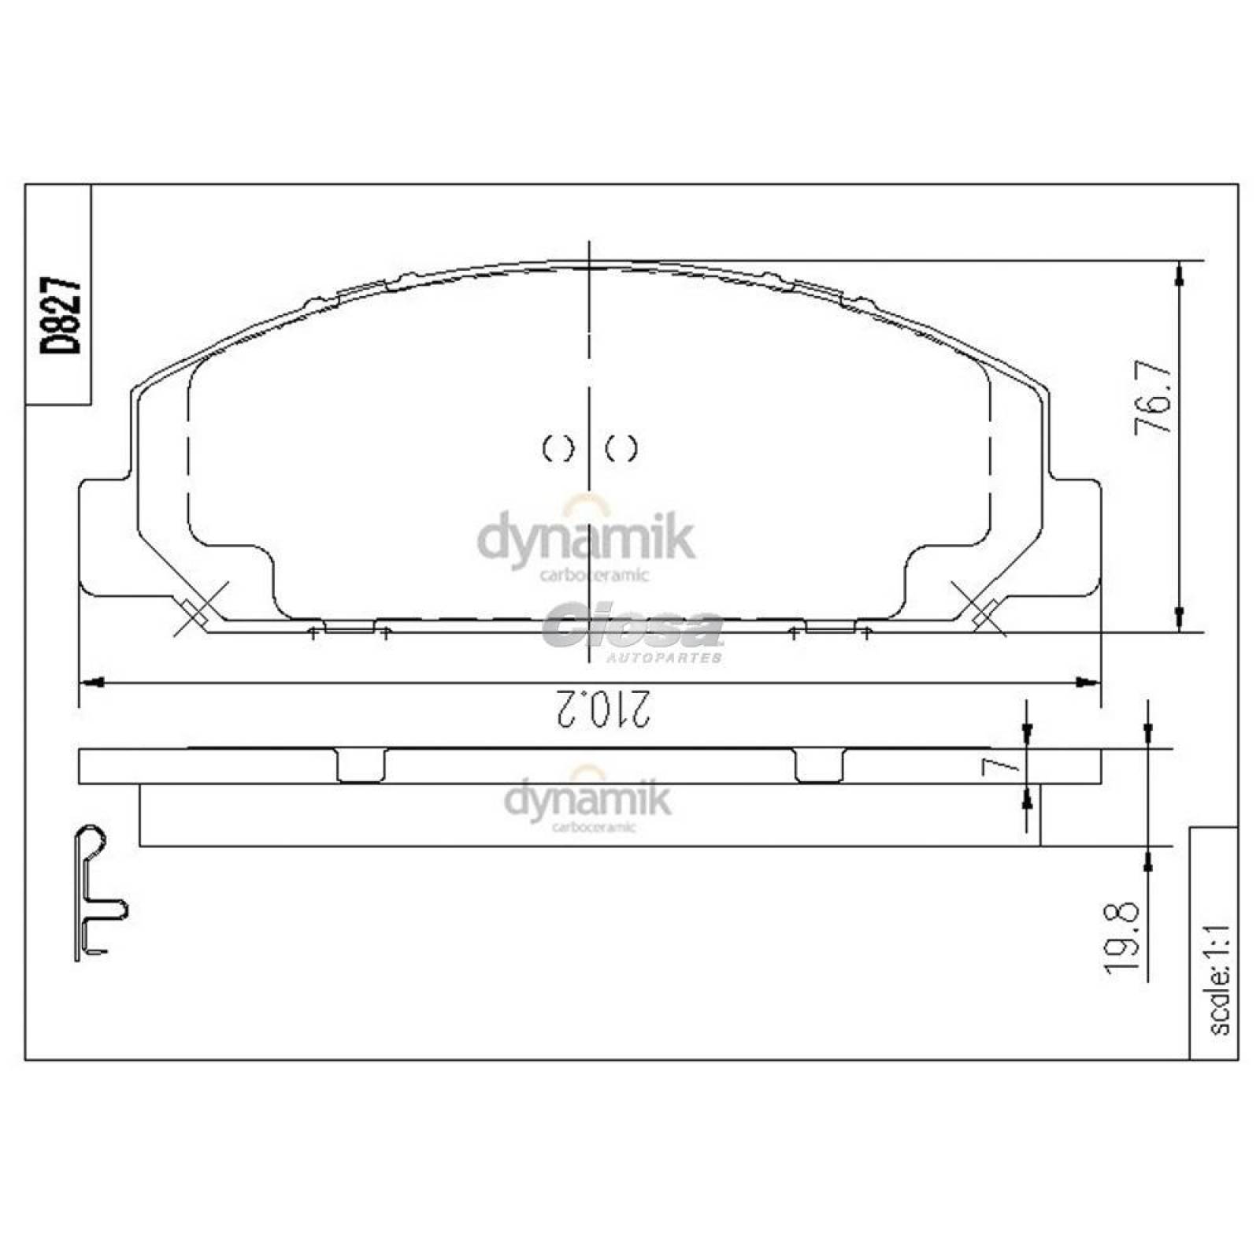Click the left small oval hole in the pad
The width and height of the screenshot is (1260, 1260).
pos(558,448)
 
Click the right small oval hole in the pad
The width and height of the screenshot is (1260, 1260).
pos(621,448)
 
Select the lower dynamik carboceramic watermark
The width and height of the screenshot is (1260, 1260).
pos(587,802)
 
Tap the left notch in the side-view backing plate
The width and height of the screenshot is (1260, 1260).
pos(361,765)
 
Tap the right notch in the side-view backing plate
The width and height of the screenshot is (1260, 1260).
pos(819,765)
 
